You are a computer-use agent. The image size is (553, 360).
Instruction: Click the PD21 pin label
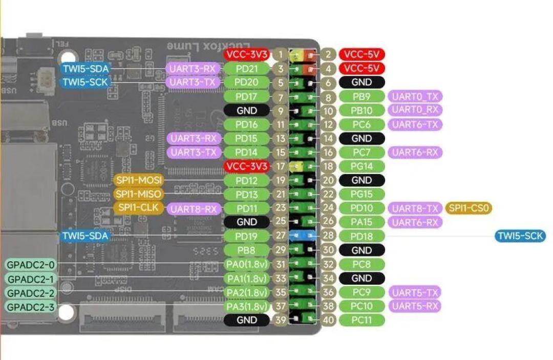(x=246, y=69)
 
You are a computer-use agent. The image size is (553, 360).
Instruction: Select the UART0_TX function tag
(x=415, y=96)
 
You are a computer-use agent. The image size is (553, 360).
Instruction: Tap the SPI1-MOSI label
(x=139, y=180)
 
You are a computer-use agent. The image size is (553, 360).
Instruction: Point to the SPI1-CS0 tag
(x=469, y=208)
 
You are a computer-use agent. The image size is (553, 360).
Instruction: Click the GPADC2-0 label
(x=31, y=264)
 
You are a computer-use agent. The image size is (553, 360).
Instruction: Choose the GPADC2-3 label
(x=31, y=307)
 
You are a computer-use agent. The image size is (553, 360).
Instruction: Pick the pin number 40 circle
(x=328, y=320)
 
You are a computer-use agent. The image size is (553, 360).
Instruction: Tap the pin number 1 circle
(x=281, y=55)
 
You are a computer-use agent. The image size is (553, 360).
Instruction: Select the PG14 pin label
(x=361, y=166)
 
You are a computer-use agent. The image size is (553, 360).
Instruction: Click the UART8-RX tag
(x=194, y=209)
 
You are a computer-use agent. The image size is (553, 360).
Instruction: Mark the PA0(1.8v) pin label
(x=246, y=264)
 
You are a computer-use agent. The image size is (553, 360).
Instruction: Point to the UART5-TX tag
(x=415, y=292)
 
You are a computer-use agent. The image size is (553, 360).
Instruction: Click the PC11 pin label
(x=361, y=320)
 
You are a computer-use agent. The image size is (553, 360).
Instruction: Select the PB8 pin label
(x=246, y=250)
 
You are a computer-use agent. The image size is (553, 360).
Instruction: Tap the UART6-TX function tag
(x=415, y=124)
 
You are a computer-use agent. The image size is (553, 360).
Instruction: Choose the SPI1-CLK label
(x=139, y=208)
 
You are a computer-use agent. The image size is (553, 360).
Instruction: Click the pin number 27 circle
(x=281, y=236)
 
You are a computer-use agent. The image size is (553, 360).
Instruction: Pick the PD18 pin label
(x=361, y=236)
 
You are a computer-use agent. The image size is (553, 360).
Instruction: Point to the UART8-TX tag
(x=415, y=208)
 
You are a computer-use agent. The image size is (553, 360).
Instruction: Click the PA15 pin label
(x=361, y=222)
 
